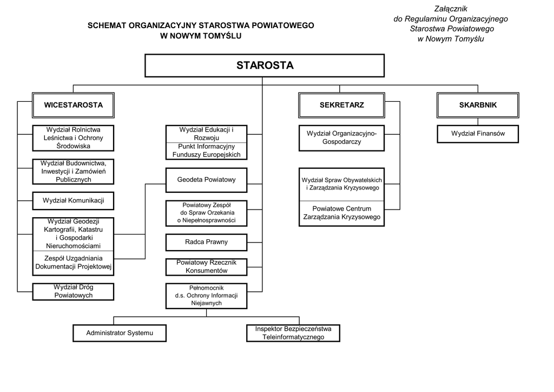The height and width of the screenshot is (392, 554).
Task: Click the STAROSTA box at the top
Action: [265, 66]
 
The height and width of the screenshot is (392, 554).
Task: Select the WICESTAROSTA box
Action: [74, 105]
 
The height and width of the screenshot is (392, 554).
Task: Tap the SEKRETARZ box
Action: [342, 105]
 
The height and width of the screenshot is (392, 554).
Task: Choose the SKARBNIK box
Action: [478, 105]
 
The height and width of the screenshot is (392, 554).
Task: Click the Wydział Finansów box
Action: [478, 133]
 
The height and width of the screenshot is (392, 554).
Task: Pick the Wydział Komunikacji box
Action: [74, 201]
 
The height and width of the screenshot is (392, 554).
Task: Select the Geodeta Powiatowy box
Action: [206, 180]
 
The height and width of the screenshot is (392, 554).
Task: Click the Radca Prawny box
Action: [206, 242]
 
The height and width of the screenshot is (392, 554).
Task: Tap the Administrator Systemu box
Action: [120, 333]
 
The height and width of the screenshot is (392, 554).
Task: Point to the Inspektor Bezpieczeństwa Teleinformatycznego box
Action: [293, 333]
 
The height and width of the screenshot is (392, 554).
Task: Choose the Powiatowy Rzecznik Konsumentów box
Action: [206, 266]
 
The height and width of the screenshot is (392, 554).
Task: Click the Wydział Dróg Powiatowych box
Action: [74, 291]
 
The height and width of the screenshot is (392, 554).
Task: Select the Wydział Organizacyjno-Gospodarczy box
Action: [342, 138]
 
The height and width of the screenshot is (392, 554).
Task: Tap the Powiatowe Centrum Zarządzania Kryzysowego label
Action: [342, 213]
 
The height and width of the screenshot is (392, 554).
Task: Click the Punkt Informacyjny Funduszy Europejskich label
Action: [206, 151]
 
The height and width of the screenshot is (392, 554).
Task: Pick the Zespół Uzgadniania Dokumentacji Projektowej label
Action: [74, 263]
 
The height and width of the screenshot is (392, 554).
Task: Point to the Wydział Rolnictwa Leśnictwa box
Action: [74, 138]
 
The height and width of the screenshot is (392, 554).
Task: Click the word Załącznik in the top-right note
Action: [451, 9]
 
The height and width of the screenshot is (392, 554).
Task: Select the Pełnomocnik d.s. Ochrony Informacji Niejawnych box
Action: [206, 296]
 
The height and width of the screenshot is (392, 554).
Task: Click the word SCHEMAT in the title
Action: [107, 25]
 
